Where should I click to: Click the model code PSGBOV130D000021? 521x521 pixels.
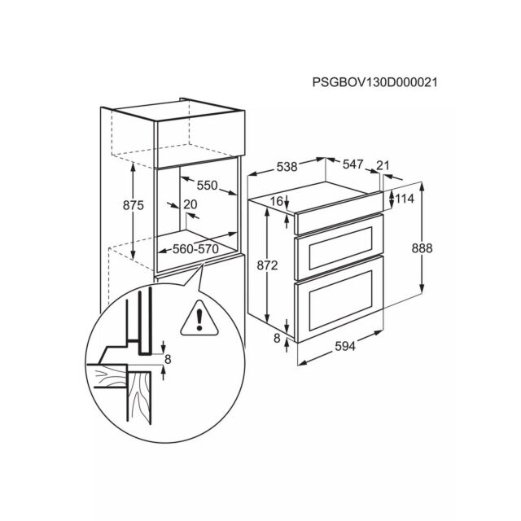tap(374, 82)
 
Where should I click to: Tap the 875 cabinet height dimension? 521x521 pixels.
tap(134, 205)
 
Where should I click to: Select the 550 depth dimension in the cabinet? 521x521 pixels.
tap(207, 185)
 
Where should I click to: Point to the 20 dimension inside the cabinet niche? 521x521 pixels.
tap(190, 204)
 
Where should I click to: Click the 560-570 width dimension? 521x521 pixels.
tap(195, 248)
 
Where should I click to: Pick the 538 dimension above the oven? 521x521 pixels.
tap(287, 166)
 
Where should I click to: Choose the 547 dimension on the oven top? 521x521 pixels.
tap(352, 164)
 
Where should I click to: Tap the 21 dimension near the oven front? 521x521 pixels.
tap(383, 165)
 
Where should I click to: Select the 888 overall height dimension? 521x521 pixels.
tap(422, 248)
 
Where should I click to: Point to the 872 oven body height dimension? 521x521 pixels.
tap(268, 265)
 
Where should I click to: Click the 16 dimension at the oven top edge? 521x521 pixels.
tap(277, 201)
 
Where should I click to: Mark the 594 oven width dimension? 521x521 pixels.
tap(345, 347)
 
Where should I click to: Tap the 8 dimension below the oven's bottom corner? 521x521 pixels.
tap(277, 339)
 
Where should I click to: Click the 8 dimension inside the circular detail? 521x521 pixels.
tap(168, 359)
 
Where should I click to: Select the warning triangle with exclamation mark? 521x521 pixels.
tap(199, 318)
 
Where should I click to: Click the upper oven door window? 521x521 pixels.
tap(340, 248)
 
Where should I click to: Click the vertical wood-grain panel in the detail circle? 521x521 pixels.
tap(139, 397)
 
